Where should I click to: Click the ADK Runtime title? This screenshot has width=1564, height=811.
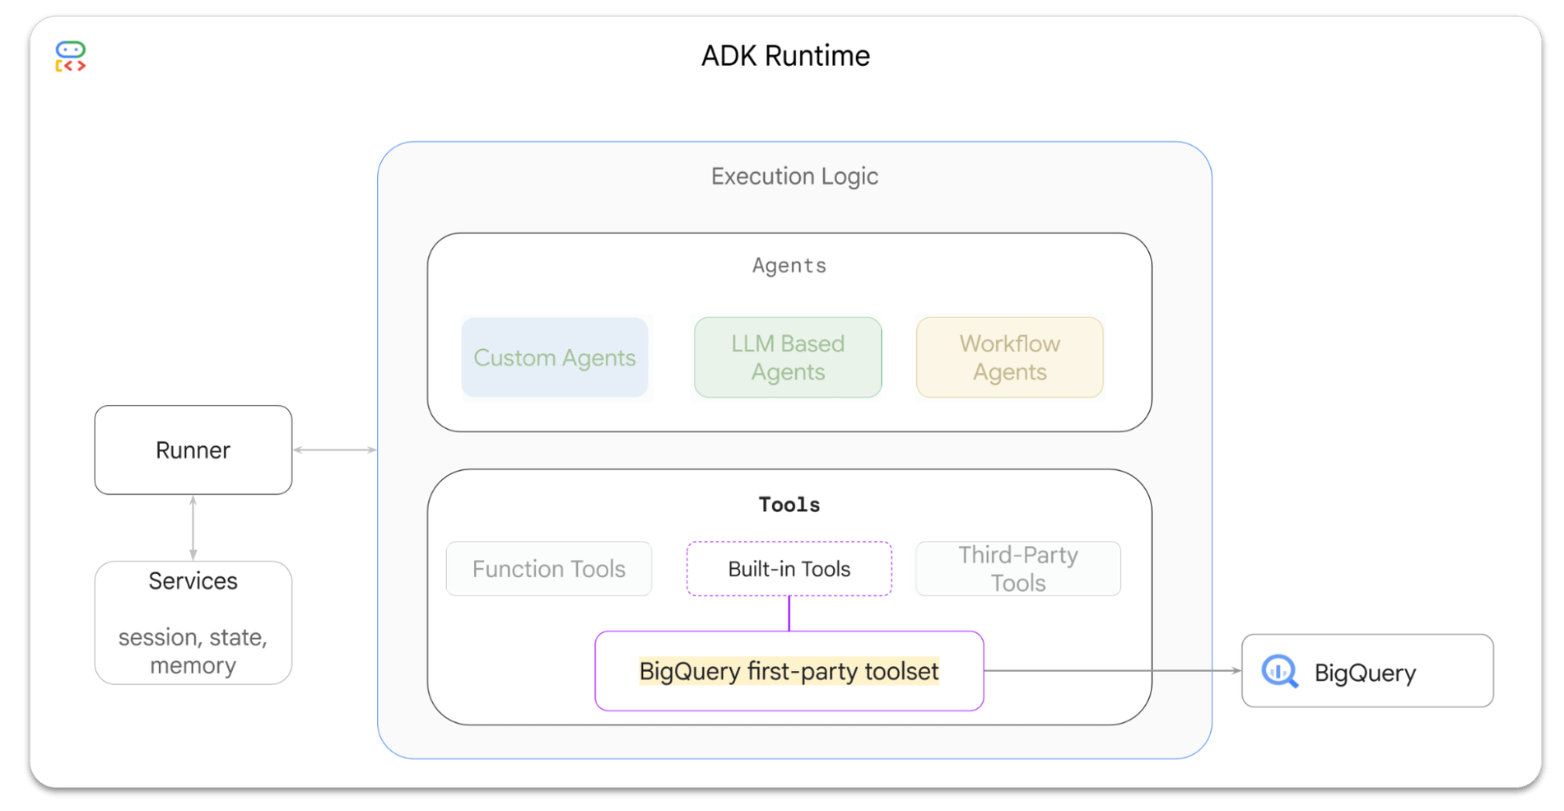785,56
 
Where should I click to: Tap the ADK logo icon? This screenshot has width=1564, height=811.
71,57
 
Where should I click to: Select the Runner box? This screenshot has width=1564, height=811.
193,450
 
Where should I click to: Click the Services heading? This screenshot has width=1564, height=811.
193,581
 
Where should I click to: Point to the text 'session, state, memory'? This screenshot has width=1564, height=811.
193,650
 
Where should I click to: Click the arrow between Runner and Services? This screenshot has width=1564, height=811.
193,528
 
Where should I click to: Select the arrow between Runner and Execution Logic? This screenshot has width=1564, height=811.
335,450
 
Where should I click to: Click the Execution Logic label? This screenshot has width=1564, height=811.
794,176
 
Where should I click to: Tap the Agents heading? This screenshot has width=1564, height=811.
789,265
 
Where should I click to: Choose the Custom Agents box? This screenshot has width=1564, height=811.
555,357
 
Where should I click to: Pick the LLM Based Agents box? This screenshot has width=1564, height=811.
788,357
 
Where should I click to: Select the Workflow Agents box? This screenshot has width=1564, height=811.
1009,357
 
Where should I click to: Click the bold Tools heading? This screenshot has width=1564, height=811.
789,505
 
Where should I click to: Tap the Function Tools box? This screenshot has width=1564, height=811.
549,569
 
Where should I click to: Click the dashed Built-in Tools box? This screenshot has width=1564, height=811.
789,569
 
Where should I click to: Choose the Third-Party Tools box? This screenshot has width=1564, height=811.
1018,569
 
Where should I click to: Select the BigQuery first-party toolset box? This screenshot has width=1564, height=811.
789,671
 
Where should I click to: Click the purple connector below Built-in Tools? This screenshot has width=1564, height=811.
789,613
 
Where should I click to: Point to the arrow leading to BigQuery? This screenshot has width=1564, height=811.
1111,670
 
